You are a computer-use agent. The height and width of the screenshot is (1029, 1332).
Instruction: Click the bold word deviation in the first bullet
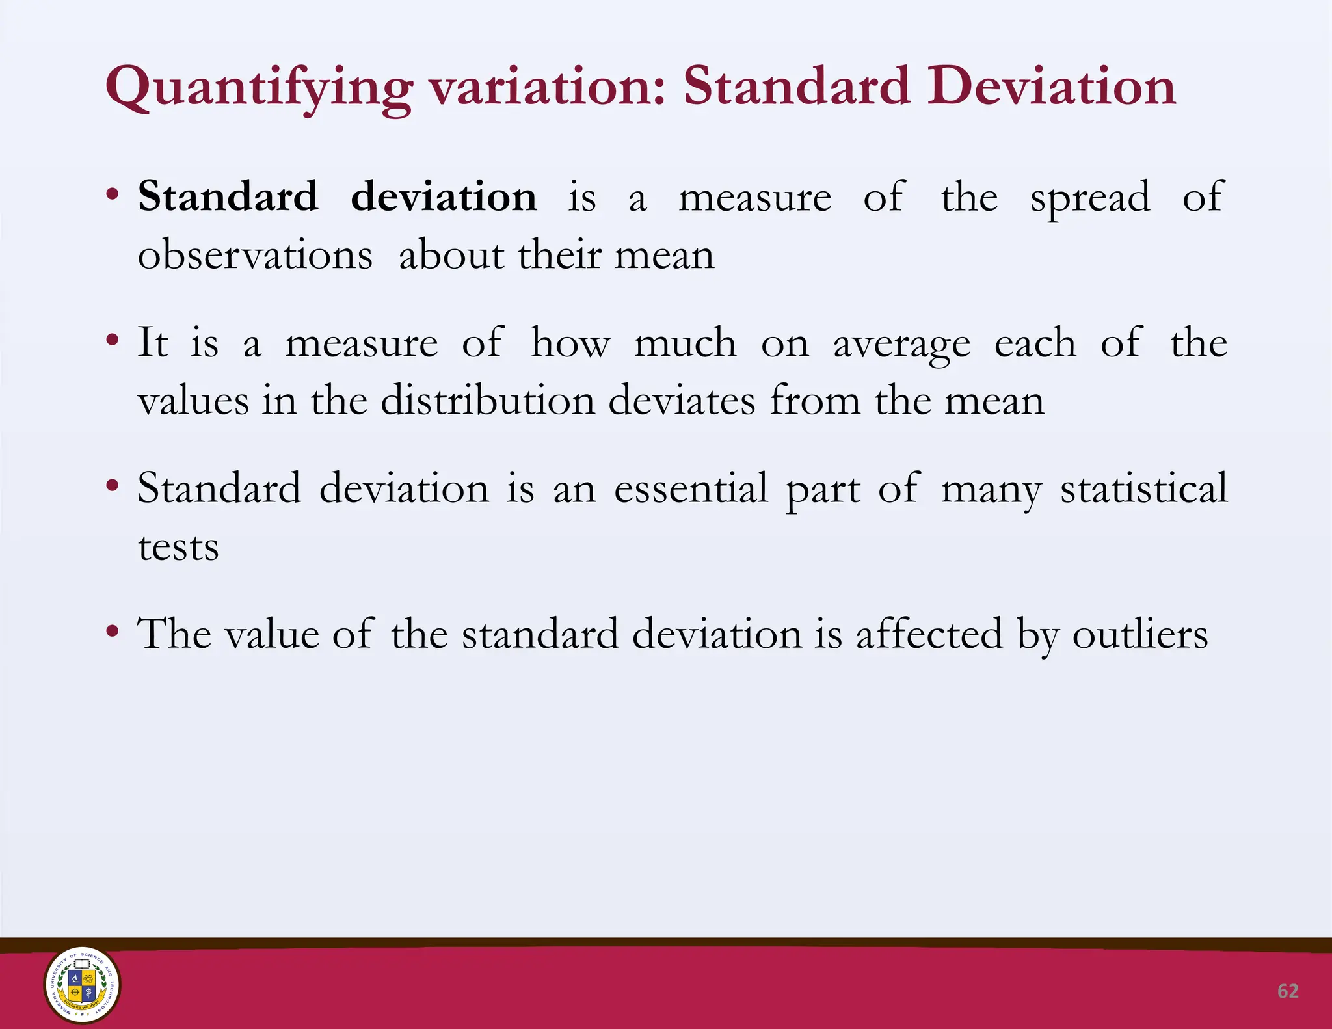pos(444,196)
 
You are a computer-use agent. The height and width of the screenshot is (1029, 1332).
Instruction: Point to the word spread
pos(1090,198)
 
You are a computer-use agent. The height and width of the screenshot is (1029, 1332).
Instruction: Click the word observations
pos(255,254)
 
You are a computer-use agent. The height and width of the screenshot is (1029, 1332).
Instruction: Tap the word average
pos(901,344)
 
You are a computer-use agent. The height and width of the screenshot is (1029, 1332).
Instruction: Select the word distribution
pos(488,400)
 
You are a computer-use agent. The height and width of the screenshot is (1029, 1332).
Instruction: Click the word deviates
pos(682,400)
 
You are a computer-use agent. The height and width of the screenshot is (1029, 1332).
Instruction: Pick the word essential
pos(691,488)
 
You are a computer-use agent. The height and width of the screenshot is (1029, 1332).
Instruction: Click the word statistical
pos(1144,488)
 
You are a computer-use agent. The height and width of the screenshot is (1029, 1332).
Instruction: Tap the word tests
pos(178,547)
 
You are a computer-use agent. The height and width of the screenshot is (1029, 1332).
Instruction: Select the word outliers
pos(1139,634)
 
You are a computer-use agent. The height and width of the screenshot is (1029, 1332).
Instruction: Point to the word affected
pos(929,634)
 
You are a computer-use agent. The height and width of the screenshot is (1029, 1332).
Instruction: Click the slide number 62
pos(1288,991)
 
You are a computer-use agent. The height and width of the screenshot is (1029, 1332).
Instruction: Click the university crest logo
pos(82,985)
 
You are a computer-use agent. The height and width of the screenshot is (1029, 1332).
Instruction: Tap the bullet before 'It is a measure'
pos(113,340)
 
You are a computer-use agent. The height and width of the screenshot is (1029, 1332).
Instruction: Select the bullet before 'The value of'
pos(113,631)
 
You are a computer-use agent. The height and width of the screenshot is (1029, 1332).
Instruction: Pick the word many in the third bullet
pos(991,490)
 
